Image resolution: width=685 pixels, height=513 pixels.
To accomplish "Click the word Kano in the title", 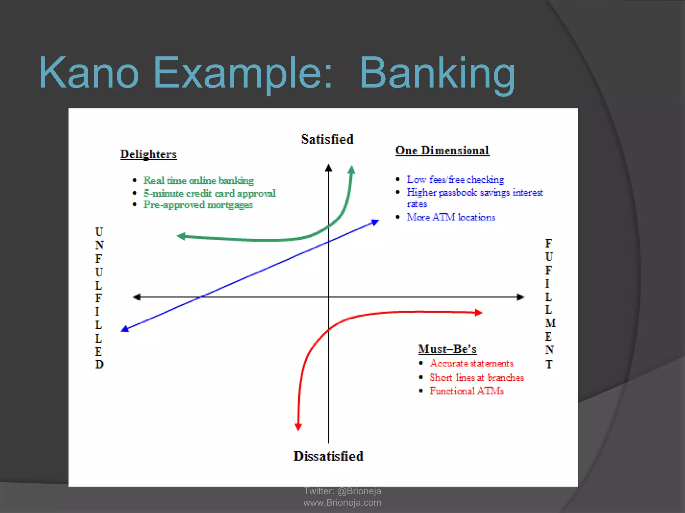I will (89, 73).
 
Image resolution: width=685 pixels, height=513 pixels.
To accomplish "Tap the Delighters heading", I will (149, 154).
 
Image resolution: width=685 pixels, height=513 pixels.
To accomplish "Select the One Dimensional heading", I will (442, 150).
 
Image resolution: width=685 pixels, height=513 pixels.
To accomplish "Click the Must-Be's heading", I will (447, 349).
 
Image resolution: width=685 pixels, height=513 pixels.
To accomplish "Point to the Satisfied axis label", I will (327, 139).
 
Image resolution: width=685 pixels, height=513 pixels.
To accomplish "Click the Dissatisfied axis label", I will (328, 456).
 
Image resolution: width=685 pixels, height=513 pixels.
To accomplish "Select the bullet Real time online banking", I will (199, 181).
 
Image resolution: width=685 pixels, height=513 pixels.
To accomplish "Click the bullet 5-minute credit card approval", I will (209, 193).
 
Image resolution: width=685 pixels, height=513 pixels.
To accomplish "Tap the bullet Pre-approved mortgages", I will (198, 205).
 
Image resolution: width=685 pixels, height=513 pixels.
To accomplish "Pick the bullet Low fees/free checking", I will (455, 180).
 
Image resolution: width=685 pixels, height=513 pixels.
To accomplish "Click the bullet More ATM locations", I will (451, 217).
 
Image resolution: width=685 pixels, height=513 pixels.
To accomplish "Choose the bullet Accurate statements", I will (471, 363).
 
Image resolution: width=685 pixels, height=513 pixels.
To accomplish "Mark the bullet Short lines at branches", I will (477, 377).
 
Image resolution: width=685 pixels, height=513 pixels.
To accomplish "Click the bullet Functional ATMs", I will (467, 391).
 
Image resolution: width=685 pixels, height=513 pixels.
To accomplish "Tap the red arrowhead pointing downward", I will (298, 426).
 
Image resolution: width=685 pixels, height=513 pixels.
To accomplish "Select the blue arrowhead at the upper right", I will (375, 222).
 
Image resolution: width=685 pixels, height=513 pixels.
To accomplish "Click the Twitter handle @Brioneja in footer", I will (359, 491).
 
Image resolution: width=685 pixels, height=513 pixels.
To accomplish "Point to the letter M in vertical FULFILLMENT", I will (550, 323).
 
